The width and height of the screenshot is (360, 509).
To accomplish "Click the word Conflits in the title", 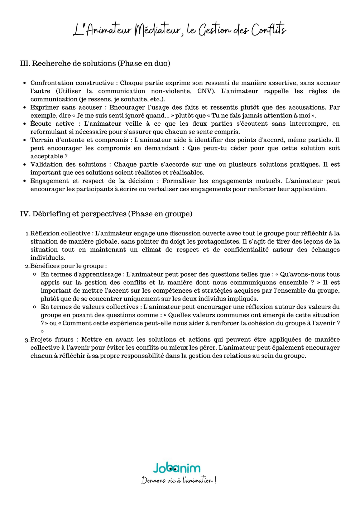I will (268, 30).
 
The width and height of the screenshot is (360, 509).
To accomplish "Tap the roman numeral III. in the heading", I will (25, 64).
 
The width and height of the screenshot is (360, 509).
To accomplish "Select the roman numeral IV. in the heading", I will (25, 214).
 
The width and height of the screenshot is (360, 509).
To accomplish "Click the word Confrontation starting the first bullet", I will (51, 83).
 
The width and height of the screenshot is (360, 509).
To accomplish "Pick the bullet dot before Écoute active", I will (24, 124).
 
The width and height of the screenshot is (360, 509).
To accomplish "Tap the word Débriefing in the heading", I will (51, 214).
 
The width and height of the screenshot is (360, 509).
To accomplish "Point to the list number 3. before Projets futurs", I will (27, 340).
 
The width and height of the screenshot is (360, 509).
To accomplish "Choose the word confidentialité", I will (246, 250).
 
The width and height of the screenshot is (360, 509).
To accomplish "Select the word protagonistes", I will (217, 242).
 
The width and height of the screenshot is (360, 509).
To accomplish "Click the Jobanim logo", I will (177, 468).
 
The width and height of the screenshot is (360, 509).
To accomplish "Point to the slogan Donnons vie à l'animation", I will (178, 481).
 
